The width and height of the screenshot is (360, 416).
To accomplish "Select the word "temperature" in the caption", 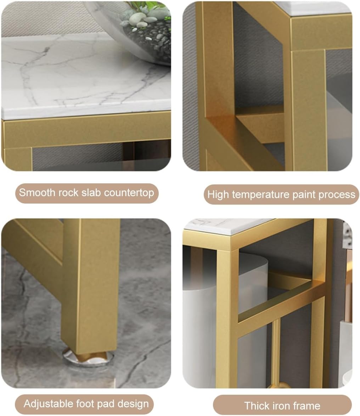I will click(x=261, y=194).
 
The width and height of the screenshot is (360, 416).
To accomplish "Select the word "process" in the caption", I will click(x=337, y=194).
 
